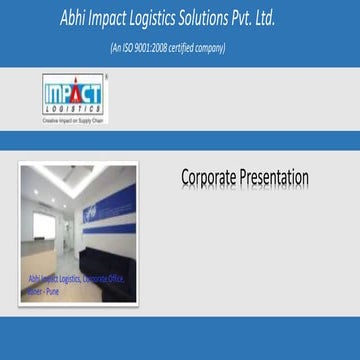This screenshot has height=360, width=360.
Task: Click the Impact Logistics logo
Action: pos(73,97)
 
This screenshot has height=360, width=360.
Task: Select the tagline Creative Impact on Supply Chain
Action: pos(73,119)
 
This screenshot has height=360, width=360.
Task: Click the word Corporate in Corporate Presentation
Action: pos(213,178)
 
